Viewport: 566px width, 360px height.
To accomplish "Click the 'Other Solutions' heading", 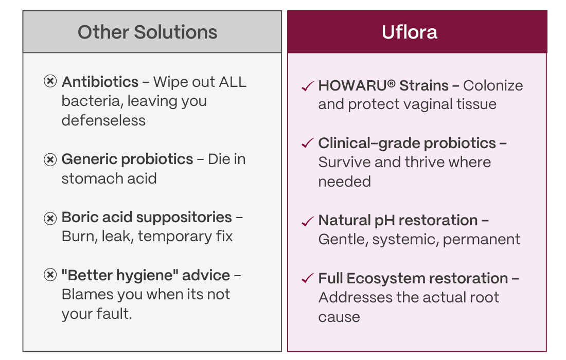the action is [147, 32].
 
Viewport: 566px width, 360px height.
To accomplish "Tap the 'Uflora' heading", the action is [410, 32].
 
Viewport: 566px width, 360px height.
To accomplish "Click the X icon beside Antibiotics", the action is [50, 81].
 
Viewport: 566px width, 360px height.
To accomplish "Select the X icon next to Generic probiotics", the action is [50, 159].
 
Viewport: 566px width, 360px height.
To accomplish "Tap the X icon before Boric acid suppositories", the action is [50, 218].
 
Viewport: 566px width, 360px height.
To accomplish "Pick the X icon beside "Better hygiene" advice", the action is [50, 275].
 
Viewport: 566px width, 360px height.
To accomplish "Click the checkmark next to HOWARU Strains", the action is [308, 86].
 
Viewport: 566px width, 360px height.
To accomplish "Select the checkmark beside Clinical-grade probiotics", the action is [308, 143].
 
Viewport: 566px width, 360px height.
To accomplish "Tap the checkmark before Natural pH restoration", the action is [308, 221].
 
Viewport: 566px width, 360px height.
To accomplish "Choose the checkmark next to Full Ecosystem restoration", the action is [308, 278].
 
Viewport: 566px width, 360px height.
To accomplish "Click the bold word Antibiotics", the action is [100, 82].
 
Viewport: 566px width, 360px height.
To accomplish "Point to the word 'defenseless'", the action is [103, 120].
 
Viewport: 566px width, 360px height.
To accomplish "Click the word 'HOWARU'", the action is [352, 86].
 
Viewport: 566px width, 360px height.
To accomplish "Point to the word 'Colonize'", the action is [493, 86].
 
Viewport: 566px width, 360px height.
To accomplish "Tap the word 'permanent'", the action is [482, 240].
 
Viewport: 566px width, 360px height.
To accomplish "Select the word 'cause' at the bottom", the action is [339, 317].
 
